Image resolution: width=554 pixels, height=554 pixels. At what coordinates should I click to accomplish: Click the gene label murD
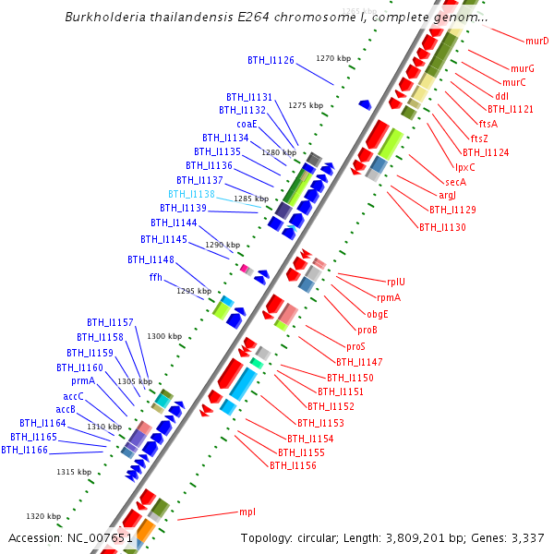click(x=536, y=41)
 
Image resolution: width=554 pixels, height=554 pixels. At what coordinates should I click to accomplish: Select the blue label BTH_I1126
click(x=271, y=60)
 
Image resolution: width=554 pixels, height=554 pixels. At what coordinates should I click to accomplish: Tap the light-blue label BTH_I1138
click(x=191, y=194)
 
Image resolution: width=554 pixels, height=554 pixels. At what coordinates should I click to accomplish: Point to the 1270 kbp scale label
click(x=333, y=58)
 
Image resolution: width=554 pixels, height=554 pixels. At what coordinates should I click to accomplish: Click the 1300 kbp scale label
click(x=164, y=336)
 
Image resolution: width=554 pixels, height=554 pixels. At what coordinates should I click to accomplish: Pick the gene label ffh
click(x=155, y=277)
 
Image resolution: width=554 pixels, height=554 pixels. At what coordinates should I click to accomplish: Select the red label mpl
click(x=247, y=511)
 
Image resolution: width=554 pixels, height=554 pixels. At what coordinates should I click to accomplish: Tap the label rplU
click(x=396, y=282)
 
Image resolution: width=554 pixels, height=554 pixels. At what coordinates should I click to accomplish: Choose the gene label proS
click(x=356, y=346)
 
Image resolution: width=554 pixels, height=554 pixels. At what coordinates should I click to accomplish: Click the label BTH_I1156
click(x=293, y=465)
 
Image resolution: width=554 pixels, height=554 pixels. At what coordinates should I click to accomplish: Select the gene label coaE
click(x=247, y=124)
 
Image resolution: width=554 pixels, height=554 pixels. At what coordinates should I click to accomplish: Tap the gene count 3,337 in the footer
click(x=522, y=537)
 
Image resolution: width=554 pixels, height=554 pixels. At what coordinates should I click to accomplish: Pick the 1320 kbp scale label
click(x=43, y=516)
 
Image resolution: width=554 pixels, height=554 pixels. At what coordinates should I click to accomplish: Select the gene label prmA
click(x=83, y=380)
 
